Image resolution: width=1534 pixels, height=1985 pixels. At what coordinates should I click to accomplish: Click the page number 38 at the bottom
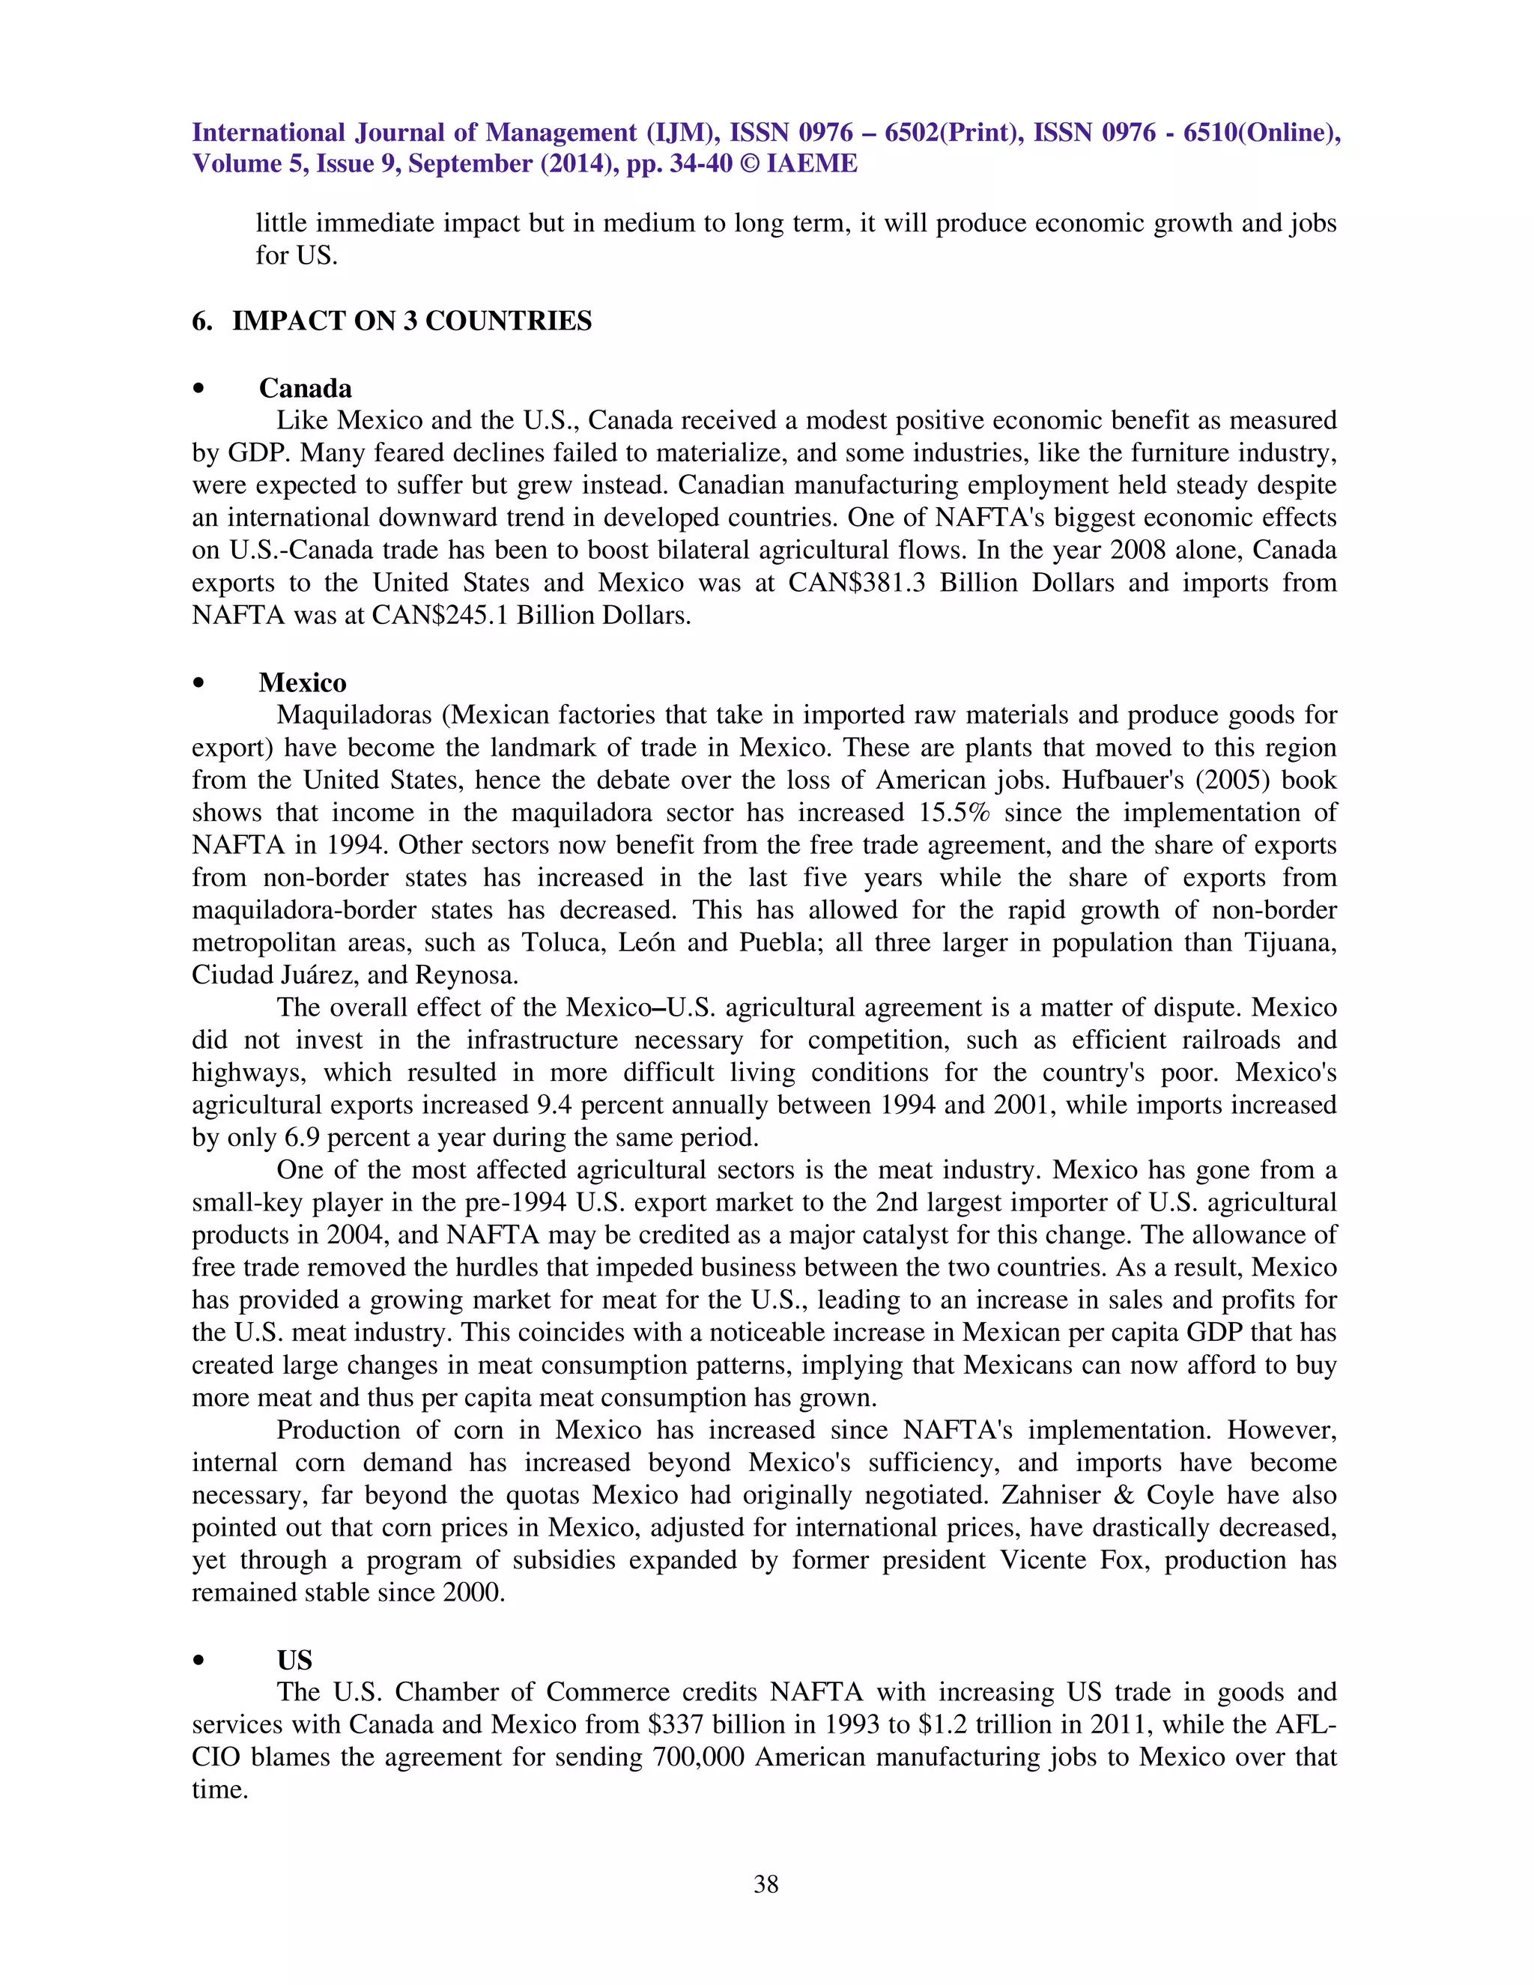point(766,1884)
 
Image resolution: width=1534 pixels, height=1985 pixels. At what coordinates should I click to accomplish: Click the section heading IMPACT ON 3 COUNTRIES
point(412,321)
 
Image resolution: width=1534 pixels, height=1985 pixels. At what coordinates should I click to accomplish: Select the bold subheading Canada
point(306,388)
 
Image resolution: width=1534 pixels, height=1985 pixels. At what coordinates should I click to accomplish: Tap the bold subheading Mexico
point(303,682)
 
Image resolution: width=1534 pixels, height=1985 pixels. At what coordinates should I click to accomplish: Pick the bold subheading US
point(294,1660)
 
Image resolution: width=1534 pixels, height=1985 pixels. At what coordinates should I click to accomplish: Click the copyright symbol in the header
point(750,163)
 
